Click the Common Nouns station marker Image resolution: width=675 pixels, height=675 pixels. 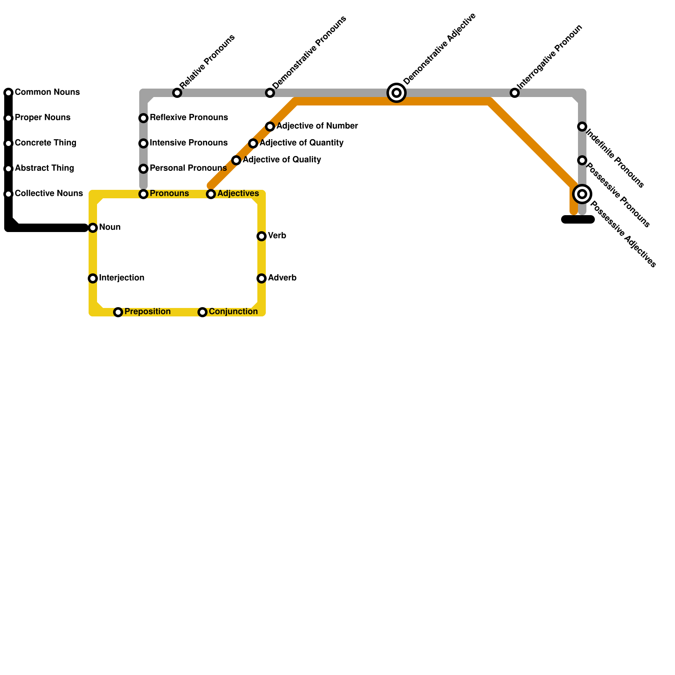8,93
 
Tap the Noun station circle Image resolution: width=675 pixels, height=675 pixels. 93,228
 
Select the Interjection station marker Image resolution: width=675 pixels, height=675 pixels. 93,278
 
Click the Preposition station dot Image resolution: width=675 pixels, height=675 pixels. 118,312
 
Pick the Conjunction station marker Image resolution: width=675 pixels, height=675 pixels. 202,312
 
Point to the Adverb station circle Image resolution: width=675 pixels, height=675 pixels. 262,278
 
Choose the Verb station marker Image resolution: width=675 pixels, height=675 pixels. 262,236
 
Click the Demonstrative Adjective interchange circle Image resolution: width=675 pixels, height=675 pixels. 397,93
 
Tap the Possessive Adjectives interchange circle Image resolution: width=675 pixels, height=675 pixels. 582,194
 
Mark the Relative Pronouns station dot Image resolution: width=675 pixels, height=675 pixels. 177,93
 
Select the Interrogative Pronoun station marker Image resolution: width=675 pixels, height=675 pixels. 515,93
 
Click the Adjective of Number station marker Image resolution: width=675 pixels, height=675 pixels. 270,127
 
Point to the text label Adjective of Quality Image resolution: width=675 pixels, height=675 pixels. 282,160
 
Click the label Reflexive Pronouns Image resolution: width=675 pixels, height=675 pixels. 189,118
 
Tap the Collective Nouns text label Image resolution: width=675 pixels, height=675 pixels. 49,194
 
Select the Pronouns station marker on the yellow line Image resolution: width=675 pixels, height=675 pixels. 143,194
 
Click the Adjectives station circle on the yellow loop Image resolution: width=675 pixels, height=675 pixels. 211,194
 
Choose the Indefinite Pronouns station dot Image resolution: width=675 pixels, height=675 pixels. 582,127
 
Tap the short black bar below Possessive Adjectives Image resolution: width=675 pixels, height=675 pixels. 578,219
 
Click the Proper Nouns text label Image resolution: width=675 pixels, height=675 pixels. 42,118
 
